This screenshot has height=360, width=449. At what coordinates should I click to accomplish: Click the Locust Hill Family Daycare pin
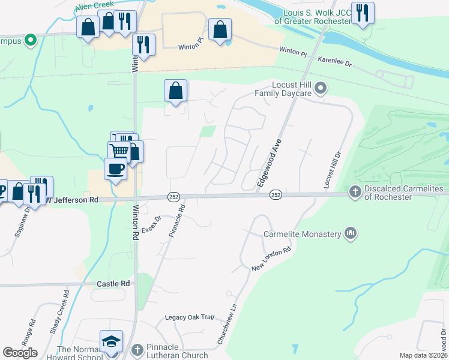click(x=321, y=89)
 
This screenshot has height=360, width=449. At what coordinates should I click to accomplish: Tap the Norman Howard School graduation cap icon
click(x=111, y=341)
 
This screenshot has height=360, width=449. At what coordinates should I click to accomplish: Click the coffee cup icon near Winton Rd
click(x=115, y=168)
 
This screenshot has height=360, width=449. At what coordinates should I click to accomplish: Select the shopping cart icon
click(x=119, y=152)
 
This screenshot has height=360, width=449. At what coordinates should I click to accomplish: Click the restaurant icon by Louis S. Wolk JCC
click(x=363, y=13)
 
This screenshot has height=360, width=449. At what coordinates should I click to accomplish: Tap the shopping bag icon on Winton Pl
click(x=220, y=29)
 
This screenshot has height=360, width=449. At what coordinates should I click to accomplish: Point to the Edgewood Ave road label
click(x=270, y=164)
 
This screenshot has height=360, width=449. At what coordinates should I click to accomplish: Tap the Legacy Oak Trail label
click(x=190, y=317)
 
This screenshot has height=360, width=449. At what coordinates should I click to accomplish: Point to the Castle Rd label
click(x=113, y=283)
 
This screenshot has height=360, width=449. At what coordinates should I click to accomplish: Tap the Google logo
click(x=20, y=353)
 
